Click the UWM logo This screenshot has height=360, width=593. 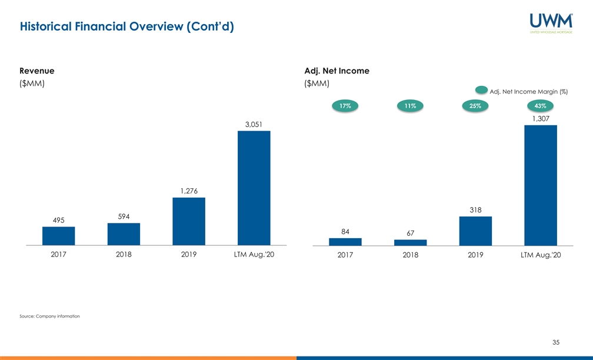(551, 23)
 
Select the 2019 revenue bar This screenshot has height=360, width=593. (189, 221)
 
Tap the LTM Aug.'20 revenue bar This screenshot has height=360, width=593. (254, 188)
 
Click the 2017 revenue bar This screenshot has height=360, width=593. (59, 236)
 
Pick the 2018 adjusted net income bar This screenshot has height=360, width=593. (411, 242)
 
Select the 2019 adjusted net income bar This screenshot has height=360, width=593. (475, 231)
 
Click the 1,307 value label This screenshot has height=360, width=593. (541, 119)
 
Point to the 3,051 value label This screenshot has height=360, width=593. (254, 125)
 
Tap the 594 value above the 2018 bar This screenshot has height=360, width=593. (124, 216)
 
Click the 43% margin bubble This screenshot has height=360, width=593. (541, 106)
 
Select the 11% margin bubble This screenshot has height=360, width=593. (411, 106)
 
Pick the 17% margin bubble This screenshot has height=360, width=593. (345, 106)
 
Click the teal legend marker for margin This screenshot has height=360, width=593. (481, 90)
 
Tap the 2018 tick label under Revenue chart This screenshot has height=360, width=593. (124, 255)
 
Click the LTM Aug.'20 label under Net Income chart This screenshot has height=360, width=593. (541, 255)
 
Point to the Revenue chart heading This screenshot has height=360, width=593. (36, 71)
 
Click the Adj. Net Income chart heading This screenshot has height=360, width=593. (337, 71)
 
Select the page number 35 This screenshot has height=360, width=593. (555, 342)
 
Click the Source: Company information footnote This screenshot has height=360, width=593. (49, 316)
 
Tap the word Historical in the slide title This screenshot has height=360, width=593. (46, 26)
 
